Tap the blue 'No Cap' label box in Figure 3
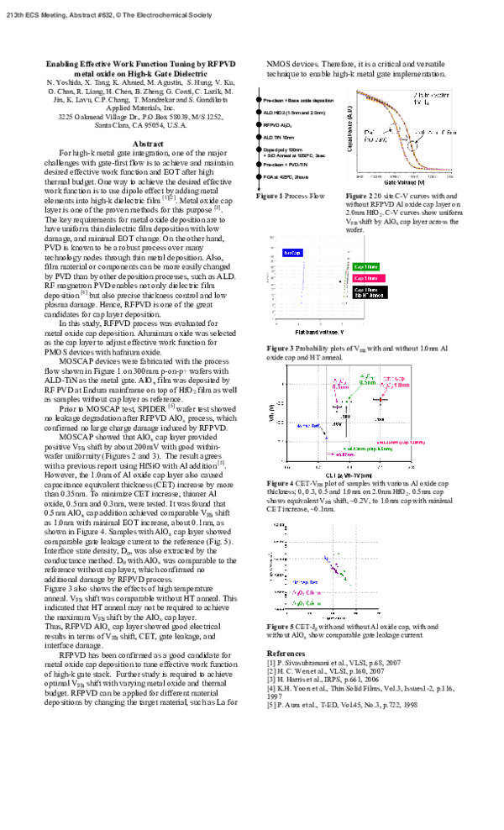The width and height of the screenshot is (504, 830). point(293,252)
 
